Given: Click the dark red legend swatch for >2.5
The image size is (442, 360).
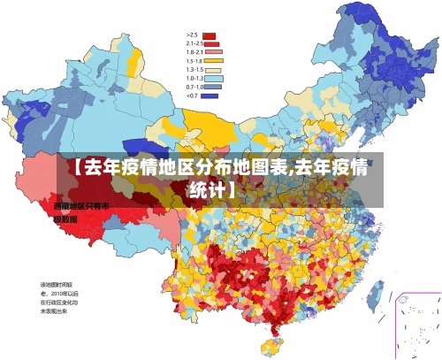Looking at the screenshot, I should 210,36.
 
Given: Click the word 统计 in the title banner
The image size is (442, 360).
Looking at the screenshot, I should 209,188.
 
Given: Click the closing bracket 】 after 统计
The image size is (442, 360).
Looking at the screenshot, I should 232,188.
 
